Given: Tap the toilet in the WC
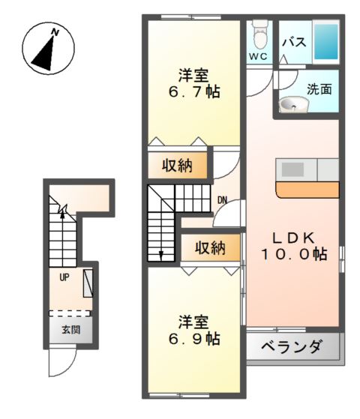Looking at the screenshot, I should click(259, 34).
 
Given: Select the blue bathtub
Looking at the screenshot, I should click(325, 42).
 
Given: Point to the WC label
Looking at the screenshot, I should click(259, 57).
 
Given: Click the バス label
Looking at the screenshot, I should click(293, 42).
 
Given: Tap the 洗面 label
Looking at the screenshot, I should click(319, 88).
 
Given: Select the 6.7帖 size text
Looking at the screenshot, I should click(193, 93).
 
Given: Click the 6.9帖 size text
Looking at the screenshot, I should click(193, 339).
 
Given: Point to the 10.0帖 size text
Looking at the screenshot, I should click(293, 254).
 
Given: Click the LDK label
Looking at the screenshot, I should click(292, 237).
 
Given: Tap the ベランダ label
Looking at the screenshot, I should click(292, 348).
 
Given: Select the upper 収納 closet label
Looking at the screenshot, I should click(178, 165).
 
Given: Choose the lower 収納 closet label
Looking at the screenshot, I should click(211, 248).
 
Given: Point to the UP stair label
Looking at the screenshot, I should click(64, 276).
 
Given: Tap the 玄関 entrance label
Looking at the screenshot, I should click(70, 329).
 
